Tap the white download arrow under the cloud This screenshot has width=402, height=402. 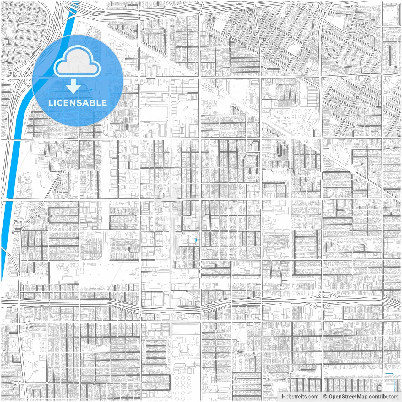click(x=73, y=86)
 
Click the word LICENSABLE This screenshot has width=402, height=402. click(x=78, y=103)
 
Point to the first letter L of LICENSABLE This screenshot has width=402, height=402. click(x=50, y=103)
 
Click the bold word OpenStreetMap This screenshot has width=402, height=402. click(x=348, y=397)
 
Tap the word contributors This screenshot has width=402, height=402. click(x=383, y=397)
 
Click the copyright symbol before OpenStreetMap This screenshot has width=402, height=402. click(x=325, y=397)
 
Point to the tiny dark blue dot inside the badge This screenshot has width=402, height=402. click(x=91, y=90)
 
